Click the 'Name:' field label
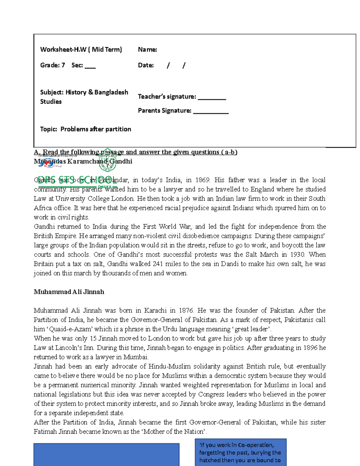[147, 50]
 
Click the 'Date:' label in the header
[146, 65]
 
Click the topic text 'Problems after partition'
[96, 129]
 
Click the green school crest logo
[107, 160]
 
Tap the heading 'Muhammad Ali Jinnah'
[69, 292]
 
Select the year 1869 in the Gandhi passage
[203, 180]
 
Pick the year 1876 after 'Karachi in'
[186, 310]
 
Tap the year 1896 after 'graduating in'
[310, 347]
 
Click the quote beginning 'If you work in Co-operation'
[240, 452]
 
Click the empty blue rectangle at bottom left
[106, 455]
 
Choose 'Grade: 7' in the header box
[52, 65]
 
